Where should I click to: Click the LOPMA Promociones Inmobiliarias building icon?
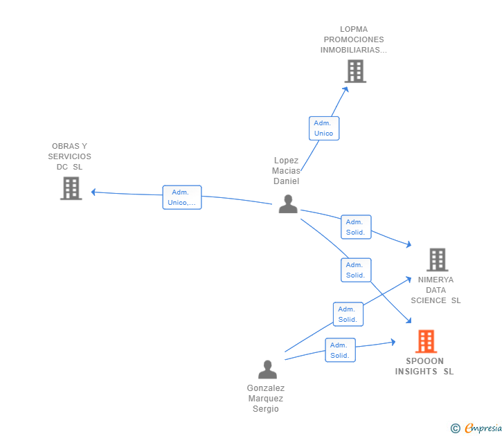pos(355,71)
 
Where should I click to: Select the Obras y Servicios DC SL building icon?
pos(71,188)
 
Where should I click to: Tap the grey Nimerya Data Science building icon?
pos(437,260)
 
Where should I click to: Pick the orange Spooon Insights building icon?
pos(426,341)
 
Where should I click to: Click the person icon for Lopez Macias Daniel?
pos(288,203)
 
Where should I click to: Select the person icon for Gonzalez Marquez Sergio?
pos(267,370)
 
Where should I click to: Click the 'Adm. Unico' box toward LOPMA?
pos(323,128)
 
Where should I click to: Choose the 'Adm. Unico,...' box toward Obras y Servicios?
pos(182,197)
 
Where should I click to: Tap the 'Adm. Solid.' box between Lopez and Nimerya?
pos(356,227)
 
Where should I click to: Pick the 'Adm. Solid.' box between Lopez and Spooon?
pos(355,270)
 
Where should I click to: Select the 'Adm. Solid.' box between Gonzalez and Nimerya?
pos(348,314)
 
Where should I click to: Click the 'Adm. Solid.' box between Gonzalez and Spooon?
pos(340,350)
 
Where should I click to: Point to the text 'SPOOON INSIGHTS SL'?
pos(424,366)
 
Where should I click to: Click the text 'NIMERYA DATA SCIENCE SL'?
pos(435,290)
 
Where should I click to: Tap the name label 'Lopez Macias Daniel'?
pos(286,170)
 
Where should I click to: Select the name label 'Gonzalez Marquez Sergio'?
pos(266,399)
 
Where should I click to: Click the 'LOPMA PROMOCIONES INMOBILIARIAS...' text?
pos(354,39)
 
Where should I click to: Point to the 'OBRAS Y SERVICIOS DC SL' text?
pos(69,156)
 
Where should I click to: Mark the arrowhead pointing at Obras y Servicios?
pos(94,192)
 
